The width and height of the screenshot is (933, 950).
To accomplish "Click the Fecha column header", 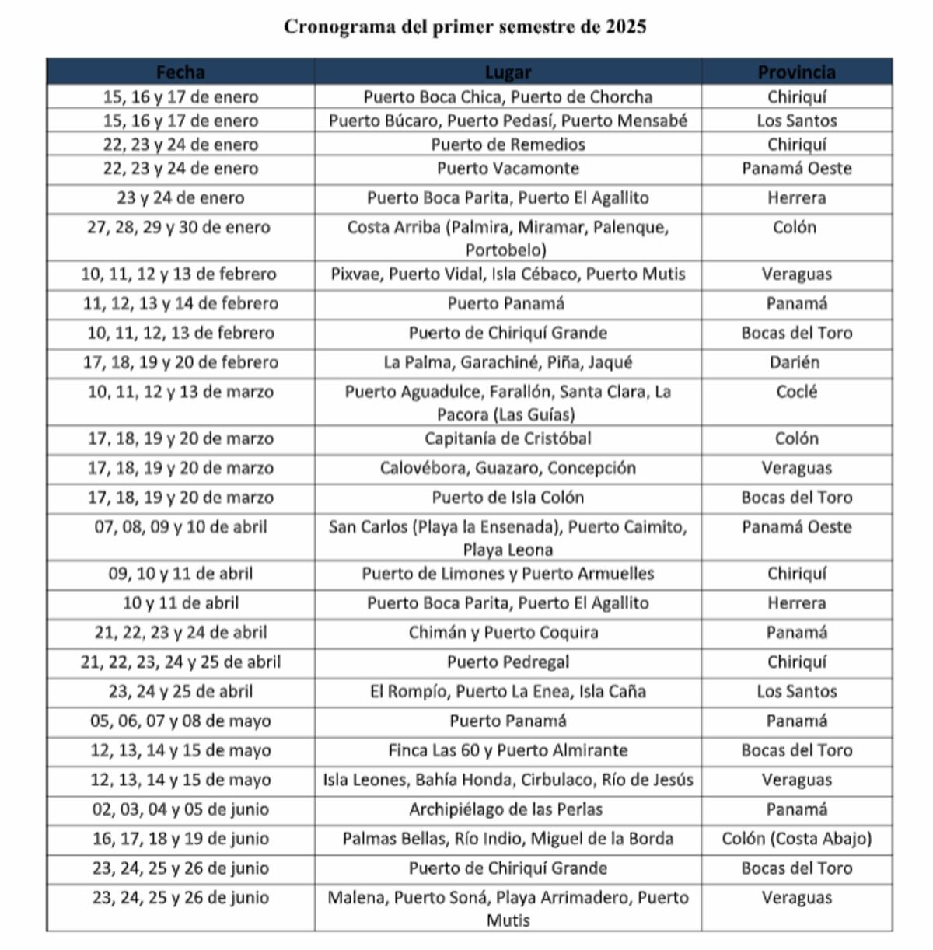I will (x=180, y=72).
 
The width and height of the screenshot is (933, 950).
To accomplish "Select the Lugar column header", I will (x=508, y=72).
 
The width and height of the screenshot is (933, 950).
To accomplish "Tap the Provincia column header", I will (x=796, y=72).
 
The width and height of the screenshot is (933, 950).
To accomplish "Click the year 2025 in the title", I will (x=626, y=26).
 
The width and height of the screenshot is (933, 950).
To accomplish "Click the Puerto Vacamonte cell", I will (x=508, y=168).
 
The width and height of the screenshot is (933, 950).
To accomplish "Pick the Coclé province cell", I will (x=796, y=392).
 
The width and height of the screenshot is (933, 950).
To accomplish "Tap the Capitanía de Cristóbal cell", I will (x=508, y=438).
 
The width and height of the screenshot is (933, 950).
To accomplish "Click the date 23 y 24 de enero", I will (x=180, y=197).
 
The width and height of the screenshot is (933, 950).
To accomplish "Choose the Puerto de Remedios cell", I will (x=508, y=144).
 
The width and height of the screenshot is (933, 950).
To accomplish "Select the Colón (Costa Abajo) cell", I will (x=796, y=839).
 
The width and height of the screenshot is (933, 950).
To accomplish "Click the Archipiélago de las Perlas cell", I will (x=506, y=809).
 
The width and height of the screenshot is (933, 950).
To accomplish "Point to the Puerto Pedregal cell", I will (x=508, y=662).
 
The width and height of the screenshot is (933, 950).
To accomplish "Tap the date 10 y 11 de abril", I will (x=180, y=603).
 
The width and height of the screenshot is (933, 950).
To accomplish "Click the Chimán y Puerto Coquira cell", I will (x=504, y=633).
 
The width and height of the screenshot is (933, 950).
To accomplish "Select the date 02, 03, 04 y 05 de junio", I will (x=180, y=809).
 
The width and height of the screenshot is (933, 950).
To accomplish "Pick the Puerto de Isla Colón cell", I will (x=508, y=498).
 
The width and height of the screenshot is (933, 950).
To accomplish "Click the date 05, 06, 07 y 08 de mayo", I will (x=180, y=721).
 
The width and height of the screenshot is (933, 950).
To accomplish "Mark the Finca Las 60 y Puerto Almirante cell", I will (x=508, y=750).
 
